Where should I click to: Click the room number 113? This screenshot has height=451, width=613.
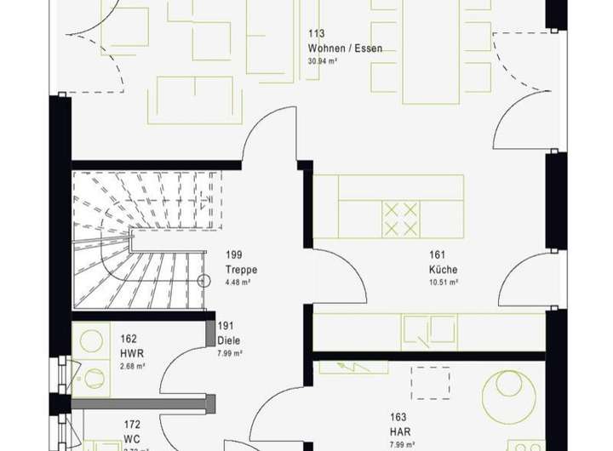317,35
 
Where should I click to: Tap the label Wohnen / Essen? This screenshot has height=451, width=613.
345,49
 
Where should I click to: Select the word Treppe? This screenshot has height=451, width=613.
241,270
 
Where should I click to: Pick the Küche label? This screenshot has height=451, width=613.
443,270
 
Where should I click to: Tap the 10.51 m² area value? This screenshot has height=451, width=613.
444,283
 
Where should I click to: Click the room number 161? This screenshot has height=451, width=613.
438,255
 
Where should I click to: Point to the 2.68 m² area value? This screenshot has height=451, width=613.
132,367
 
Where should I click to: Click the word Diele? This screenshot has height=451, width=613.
229,340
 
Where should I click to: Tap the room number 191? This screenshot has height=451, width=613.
226,326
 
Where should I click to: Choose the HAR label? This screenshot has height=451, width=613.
400,431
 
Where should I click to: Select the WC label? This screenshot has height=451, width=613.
131,438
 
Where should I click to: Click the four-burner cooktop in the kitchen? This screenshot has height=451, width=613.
401,218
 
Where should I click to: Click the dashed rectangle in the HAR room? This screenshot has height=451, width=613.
431,383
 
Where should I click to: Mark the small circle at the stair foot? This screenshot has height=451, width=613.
203,281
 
